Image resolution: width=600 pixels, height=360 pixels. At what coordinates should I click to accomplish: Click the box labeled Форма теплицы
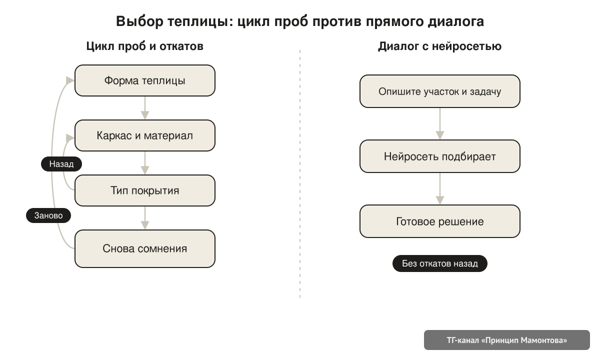[145, 80]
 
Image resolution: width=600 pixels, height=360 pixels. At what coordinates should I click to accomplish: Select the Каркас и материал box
[145, 135]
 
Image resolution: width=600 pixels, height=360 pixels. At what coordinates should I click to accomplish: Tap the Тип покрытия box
[145, 190]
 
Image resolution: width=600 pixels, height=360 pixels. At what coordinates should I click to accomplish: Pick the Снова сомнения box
[145, 248]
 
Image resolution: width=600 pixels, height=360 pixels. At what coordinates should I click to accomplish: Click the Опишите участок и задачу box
[440, 91]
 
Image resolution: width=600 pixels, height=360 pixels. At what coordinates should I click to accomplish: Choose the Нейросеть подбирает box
[440, 156]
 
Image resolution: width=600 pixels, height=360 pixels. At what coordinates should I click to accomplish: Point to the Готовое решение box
[440, 221]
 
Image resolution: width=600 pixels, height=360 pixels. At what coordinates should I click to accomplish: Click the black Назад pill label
[61, 164]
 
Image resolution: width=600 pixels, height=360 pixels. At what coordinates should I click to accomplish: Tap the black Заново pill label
[48, 215]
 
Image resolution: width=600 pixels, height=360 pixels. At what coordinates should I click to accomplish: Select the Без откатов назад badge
[440, 263]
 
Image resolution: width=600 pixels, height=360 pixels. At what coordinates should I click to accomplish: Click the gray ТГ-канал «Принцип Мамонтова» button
[507, 340]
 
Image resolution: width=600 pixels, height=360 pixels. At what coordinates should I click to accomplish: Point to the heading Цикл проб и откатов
[145, 46]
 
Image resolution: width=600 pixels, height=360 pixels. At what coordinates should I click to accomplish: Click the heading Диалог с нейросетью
[440, 46]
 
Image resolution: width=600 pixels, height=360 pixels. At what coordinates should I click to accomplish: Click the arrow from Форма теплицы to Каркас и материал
[145, 108]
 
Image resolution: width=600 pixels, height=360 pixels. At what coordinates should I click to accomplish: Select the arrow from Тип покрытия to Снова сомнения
[145, 218]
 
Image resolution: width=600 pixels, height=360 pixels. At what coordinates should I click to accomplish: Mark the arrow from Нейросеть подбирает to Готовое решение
[440, 189]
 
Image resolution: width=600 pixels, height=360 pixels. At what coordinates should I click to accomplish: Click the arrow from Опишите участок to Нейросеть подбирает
[440, 124]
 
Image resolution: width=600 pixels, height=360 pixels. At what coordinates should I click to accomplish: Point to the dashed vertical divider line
[300, 174]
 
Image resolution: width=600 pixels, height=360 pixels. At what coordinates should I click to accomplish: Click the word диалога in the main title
[456, 21]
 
